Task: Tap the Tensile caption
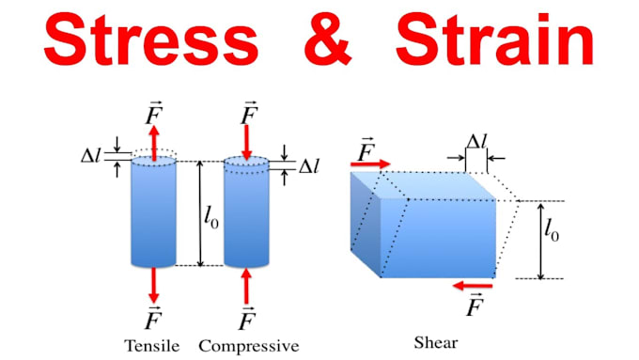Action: pyautogui.click(x=151, y=346)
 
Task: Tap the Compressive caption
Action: pyautogui.click(x=248, y=346)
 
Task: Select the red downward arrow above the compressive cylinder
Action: pyautogui.click(x=247, y=142)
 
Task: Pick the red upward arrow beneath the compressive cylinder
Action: pyautogui.click(x=247, y=285)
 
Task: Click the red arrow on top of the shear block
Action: pyautogui.click(x=370, y=164)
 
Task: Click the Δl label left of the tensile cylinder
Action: pyautogui.click(x=92, y=153)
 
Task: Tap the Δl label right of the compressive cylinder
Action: pyautogui.click(x=309, y=166)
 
